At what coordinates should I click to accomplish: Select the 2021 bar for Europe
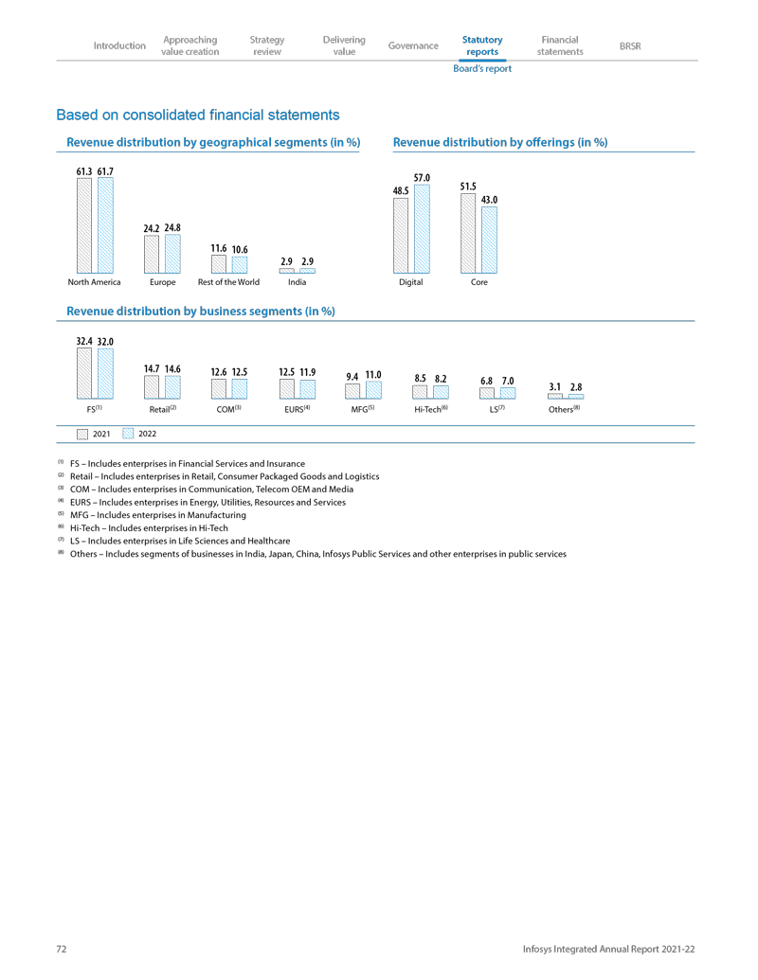(152, 254)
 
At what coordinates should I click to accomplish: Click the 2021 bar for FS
(83, 373)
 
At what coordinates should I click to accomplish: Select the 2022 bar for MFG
(373, 390)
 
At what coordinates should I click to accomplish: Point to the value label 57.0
(423, 178)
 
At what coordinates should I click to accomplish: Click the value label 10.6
(240, 249)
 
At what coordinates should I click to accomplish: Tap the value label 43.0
(489, 200)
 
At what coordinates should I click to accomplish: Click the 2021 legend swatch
(82, 433)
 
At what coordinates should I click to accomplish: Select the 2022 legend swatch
(128, 433)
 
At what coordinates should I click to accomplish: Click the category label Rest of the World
(228, 282)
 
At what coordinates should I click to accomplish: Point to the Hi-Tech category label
(430, 410)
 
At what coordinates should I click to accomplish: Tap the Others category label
(563, 410)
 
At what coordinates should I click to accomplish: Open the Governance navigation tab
(413, 45)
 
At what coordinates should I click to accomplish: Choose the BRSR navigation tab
(629, 45)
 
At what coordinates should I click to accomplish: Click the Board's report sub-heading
(482, 68)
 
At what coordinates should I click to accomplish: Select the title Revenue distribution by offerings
(499, 142)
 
